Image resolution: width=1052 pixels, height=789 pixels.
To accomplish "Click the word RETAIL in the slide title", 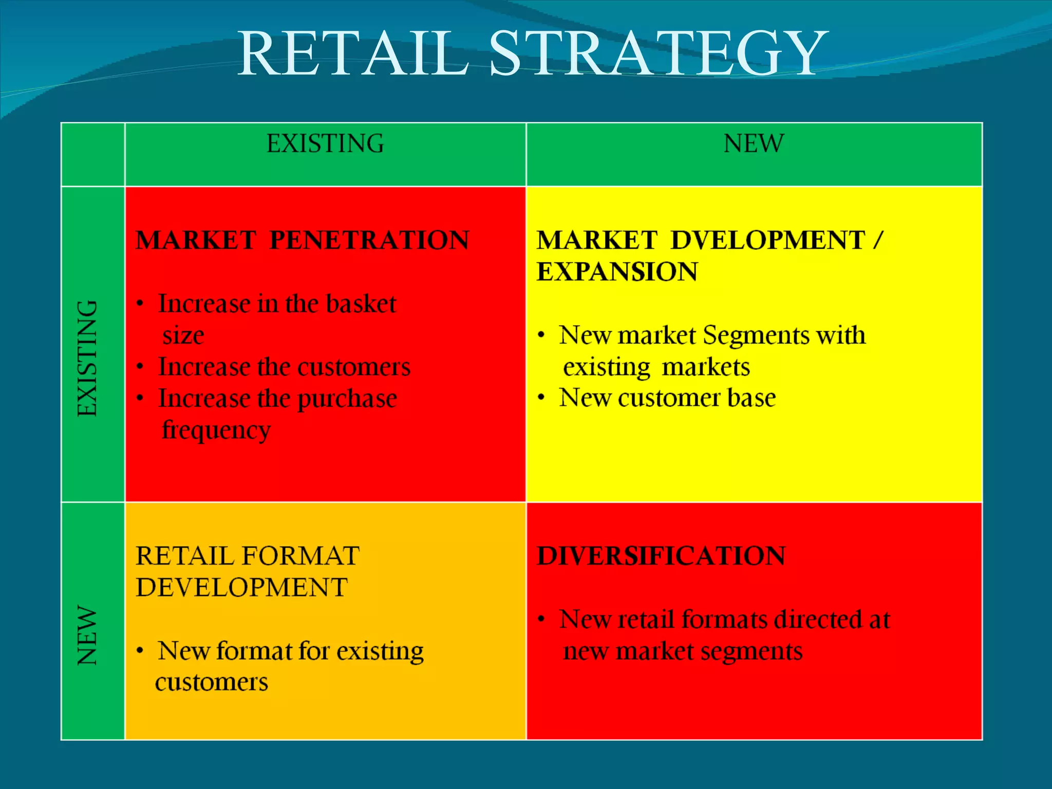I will pos(353,54).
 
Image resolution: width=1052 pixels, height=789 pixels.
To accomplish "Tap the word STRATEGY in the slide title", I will pos(658,54).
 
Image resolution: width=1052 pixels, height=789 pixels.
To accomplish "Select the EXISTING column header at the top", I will pos(325,144).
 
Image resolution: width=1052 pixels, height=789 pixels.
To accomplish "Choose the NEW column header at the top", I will pos(754,144).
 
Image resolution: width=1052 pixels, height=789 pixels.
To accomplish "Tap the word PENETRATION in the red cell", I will pos(369,240).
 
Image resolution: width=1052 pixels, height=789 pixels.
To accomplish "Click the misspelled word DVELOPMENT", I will pos(768,240).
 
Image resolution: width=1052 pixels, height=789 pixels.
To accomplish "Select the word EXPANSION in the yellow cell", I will pos(617,272).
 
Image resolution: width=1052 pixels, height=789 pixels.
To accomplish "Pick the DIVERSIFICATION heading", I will pos(661,556).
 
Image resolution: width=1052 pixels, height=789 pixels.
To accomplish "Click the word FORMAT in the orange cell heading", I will pos(300,556).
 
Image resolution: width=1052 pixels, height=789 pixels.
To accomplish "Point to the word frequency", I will pos(216,430).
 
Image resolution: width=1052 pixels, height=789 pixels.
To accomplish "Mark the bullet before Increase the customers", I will pos(140,367).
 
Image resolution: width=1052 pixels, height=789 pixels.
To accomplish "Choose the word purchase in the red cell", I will pos(347,399).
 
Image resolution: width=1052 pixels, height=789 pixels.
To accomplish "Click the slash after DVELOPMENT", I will pos(878,240).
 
